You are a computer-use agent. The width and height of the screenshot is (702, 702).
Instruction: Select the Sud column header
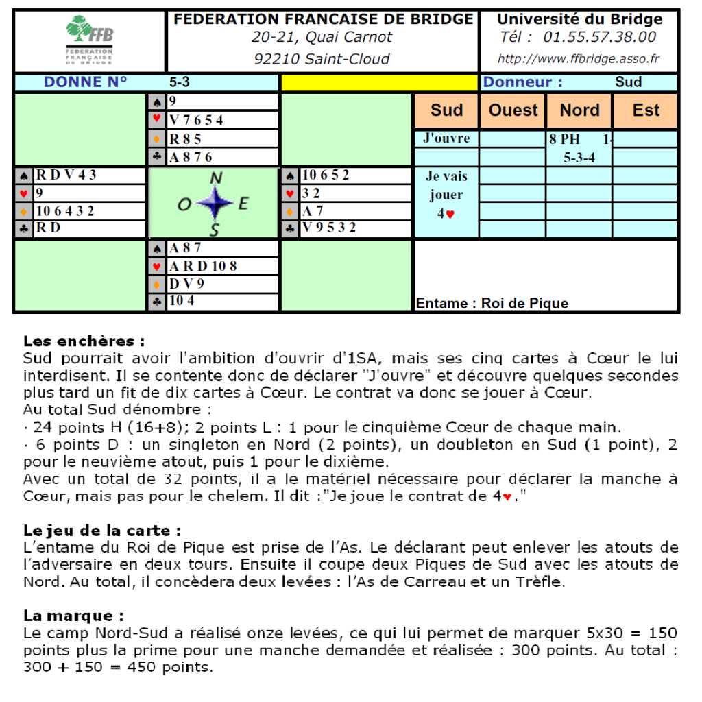(446, 110)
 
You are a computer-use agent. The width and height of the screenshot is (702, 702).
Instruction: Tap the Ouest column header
(513, 110)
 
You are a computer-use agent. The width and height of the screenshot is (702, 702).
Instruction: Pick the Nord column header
(579, 110)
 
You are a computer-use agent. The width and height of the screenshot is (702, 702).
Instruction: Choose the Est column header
(645, 110)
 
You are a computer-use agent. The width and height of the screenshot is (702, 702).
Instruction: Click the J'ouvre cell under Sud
(446, 138)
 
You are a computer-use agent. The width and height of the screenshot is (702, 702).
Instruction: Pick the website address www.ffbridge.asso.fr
(578, 59)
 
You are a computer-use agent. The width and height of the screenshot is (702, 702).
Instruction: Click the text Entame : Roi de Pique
(492, 303)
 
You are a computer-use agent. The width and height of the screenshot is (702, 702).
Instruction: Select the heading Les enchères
(84, 341)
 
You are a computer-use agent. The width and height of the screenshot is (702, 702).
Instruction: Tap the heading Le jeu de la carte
(102, 531)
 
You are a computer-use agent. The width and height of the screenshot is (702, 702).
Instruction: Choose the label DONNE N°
(86, 82)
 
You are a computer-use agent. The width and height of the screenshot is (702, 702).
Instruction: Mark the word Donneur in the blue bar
(522, 82)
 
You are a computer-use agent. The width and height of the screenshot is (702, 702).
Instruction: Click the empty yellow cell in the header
(379, 83)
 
